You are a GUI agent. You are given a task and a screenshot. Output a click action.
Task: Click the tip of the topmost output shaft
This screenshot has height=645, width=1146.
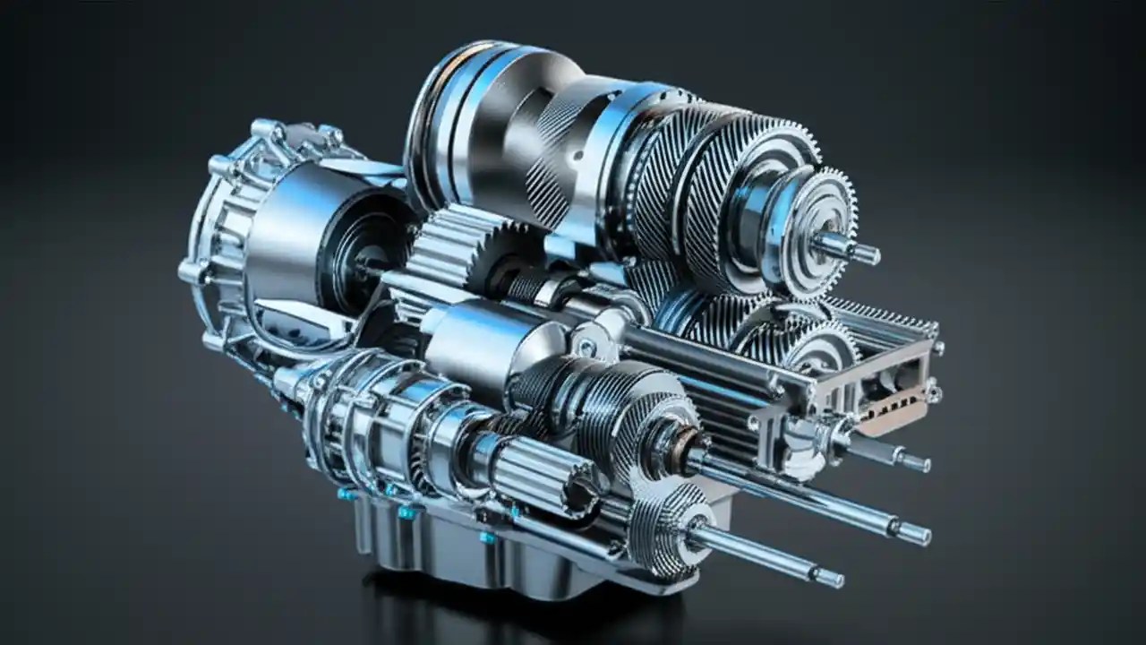pyautogui.click(x=867, y=254)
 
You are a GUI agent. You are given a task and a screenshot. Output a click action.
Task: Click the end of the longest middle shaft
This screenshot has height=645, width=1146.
pyautogui.click(x=914, y=533)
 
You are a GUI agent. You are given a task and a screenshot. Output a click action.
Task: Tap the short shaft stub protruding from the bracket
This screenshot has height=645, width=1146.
pyautogui.click(x=915, y=462)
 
